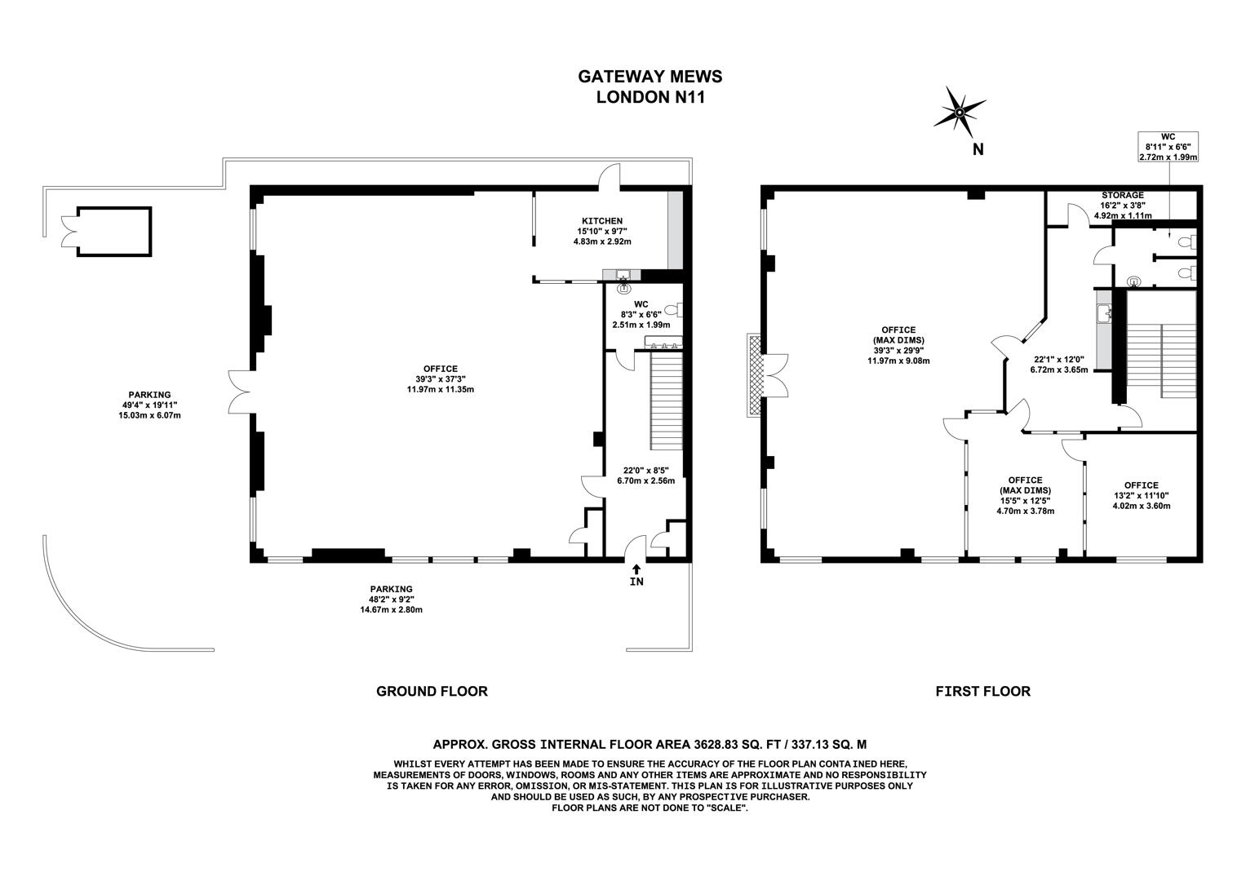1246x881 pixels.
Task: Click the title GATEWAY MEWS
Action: (650, 77)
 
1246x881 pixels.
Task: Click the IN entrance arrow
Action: (636, 575)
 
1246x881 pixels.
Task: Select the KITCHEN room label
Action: (602, 221)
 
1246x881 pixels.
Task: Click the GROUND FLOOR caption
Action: (432, 691)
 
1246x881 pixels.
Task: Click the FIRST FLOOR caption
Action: (982, 691)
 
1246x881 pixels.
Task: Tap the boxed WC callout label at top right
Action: (1168, 146)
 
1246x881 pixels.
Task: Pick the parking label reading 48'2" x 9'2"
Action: (391, 599)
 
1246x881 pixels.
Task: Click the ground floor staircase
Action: (666, 400)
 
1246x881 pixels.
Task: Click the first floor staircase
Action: (1160, 359)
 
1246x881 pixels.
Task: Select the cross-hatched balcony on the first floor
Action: (753, 374)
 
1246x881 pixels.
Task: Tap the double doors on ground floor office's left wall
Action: (241, 391)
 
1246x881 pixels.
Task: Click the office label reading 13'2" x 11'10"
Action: (1141, 495)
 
